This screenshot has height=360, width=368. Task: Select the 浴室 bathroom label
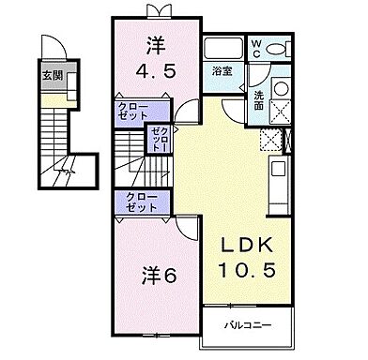(223, 71)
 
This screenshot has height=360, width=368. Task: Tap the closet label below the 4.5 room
(132, 114)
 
